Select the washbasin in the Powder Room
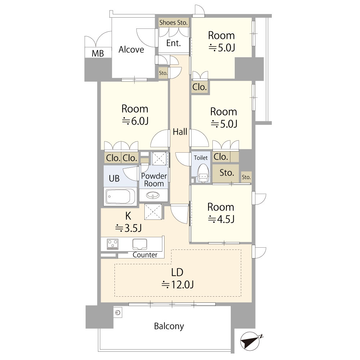[153, 195]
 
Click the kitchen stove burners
[113, 244]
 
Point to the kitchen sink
[140, 244]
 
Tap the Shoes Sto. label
[174, 22]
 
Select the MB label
[98, 54]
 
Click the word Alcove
[131, 49]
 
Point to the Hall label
[180, 132]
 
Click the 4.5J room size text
[221, 219]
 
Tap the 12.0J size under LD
[177, 284]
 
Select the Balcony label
[169, 326]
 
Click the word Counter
[145, 255]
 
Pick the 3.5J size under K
[129, 228]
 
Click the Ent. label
[174, 43]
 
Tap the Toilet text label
[201, 158]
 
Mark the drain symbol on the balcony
[118, 312]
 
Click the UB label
[114, 179]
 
